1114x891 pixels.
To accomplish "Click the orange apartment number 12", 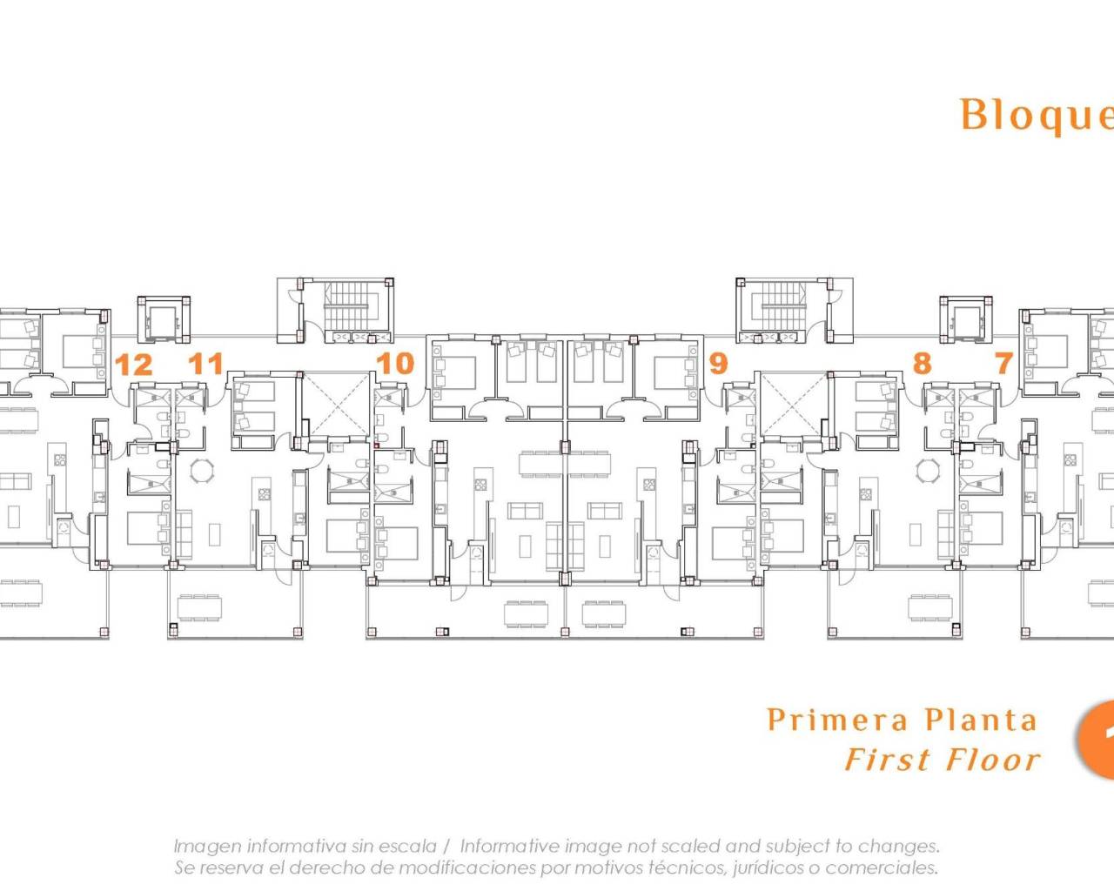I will pyautogui.click(x=133, y=365).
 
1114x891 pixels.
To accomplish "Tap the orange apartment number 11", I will pyautogui.click(x=206, y=363).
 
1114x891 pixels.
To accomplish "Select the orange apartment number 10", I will pyautogui.click(x=394, y=363).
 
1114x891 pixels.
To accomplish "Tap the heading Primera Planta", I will pyautogui.click(x=902, y=720).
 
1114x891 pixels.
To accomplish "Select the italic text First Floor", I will pyautogui.click(x=942, y=760).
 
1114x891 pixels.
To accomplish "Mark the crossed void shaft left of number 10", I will pyautogui.click(x=336, y=404).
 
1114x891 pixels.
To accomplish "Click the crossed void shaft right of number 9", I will pyautogui.click(x=794, y=404).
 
